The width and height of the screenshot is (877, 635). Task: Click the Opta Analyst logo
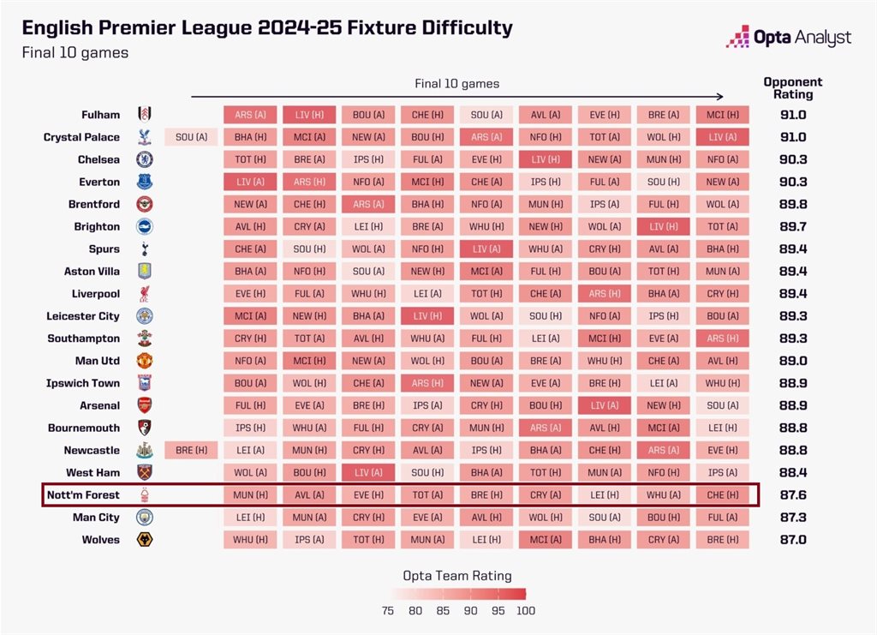coord(789,38)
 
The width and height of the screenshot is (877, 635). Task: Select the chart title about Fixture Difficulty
coord(267,27)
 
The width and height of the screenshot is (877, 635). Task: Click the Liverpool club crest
coord(145,294)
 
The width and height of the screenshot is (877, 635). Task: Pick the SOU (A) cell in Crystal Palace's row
coord(191,137)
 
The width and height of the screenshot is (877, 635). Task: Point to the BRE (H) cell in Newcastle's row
coord(191,450)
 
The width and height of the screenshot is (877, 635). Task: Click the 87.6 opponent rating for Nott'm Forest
coord(792,495)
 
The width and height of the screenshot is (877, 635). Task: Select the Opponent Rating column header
coord(792,88)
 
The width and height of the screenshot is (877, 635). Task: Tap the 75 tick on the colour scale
coord(388,611)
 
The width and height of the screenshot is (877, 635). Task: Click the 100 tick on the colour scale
coord(526,611)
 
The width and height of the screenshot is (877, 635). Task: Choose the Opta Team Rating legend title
coord(456,576)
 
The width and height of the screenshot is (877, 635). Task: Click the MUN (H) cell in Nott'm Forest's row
coord(250,495)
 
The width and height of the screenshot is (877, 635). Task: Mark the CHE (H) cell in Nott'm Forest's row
coord(722,495)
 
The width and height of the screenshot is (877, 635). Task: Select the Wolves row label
coord(101,540)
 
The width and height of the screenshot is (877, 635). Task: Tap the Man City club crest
coord(145,518)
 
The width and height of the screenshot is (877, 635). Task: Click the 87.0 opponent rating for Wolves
coord(792,540)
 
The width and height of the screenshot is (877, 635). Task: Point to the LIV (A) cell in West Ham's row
coord(368,472)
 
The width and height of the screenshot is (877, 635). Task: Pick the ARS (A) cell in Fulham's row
coord(250,115)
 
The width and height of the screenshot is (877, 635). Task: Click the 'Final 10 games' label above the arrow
coord(456,84)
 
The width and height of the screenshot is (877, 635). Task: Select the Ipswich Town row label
coord(83,383)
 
